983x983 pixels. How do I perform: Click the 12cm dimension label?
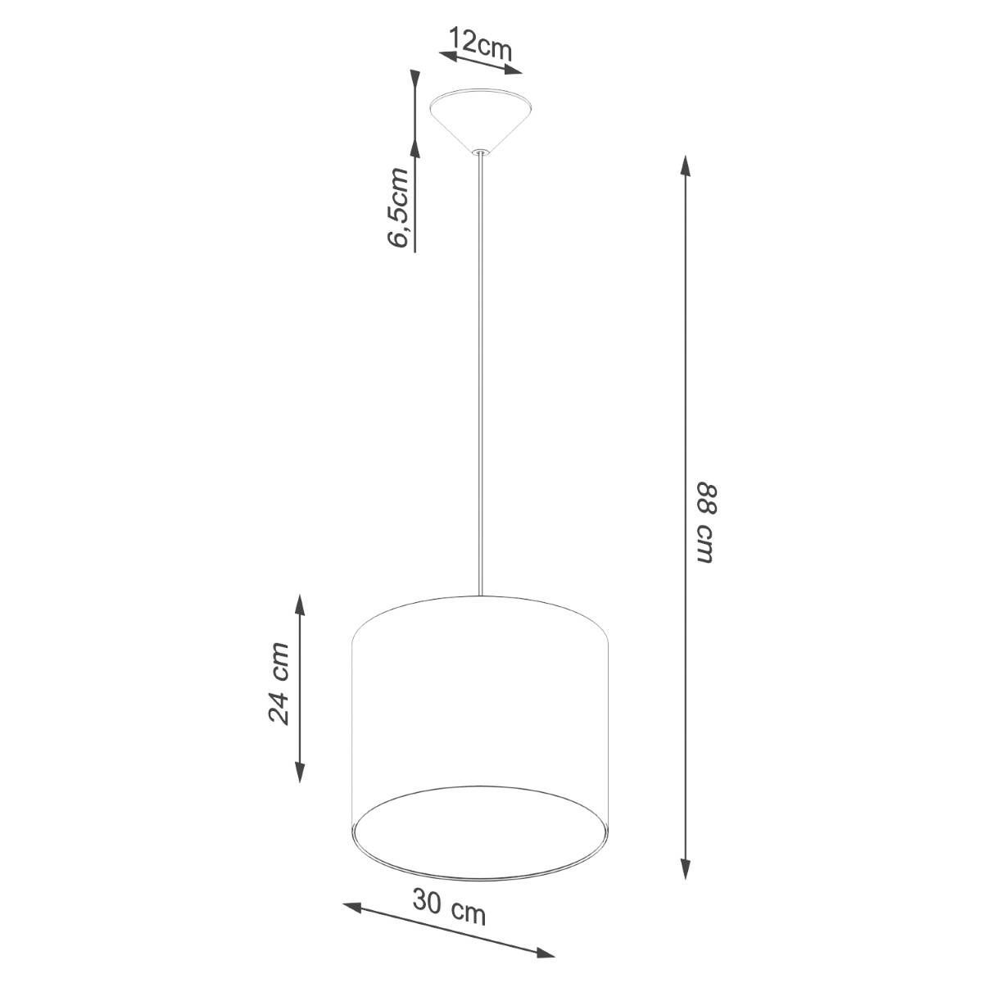click(480, 44)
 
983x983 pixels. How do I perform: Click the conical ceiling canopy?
click(481, 120)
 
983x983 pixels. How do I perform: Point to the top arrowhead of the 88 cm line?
click(686, 166)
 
